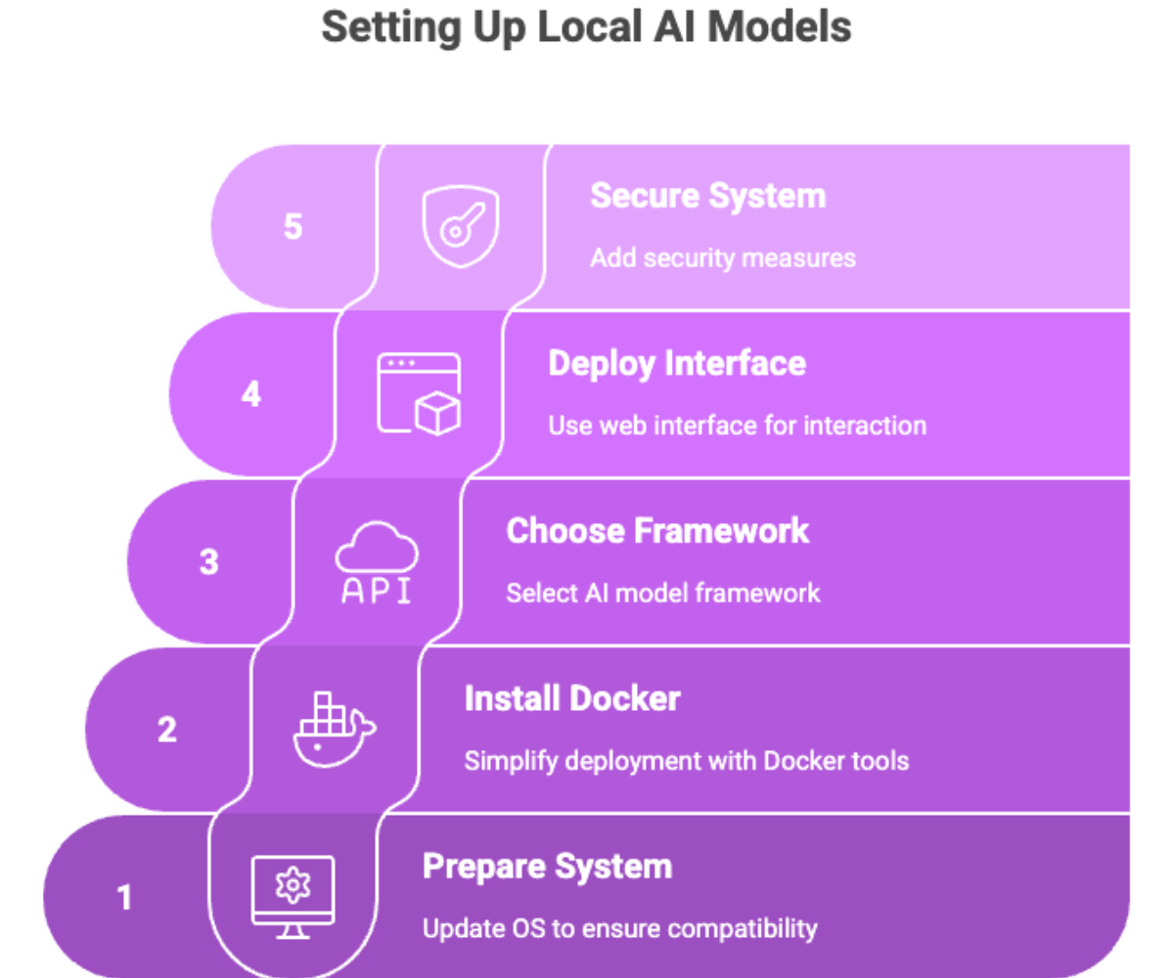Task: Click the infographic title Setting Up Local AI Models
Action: (x=586, y=28)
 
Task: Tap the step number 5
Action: (x=293, y=227)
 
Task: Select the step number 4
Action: (x=251, y=394)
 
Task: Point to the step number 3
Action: (x=209, y=561)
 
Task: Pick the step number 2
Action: (x=167, y=730)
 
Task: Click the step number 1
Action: (x=125, y=897)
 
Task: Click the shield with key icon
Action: (x=461, y=227)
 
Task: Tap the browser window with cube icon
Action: (x=419, y=394)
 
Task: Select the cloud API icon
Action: (x=377, y=562)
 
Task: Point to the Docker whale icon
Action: (x=336, y=730)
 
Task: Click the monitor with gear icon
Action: (x=293, y=897)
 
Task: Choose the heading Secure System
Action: (x=708, y=197)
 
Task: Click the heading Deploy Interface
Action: (x=677, y=364)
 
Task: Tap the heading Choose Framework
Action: (x=657, y=531)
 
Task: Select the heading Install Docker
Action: (x=572, y=698)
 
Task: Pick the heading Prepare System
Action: (x=547, y=867)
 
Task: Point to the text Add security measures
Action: (x=723, y=258)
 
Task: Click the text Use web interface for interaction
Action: (x=737, y=425)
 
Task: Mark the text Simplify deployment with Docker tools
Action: (x=687, y=762)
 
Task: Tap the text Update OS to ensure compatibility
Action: (x=619, y=929)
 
